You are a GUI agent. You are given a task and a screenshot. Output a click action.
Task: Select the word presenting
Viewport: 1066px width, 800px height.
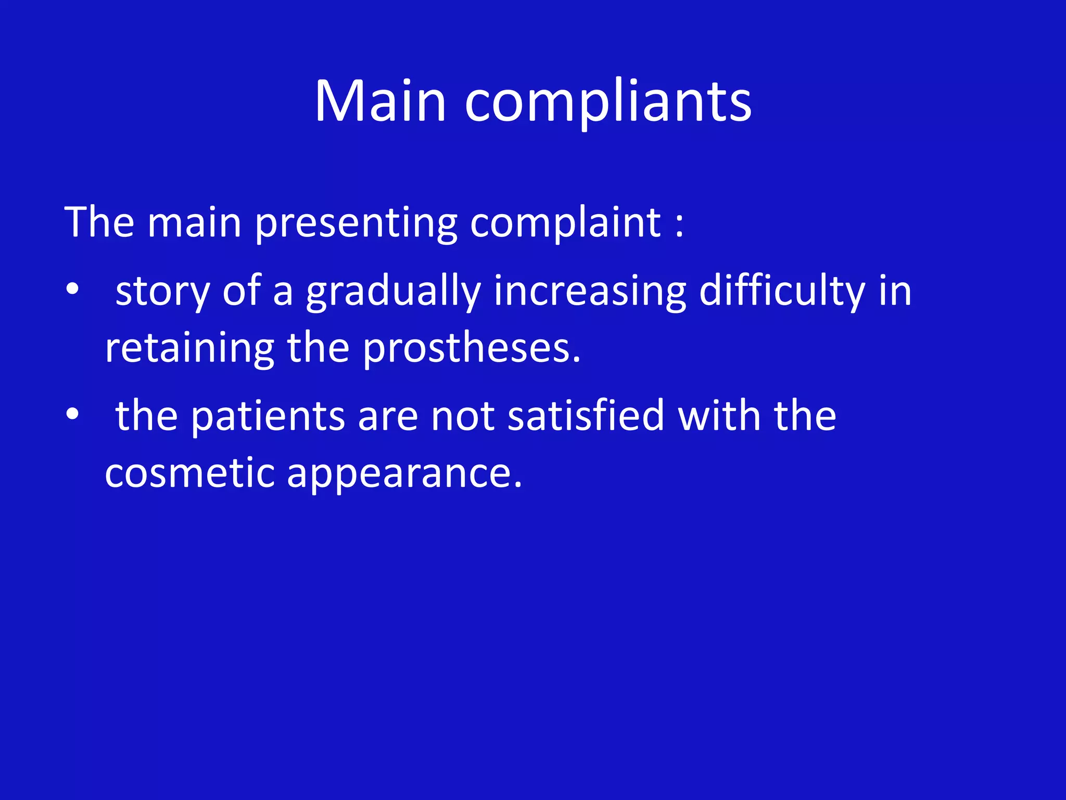(x=356, y=223)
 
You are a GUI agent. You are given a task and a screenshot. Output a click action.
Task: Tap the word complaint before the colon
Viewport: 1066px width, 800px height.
(x=565, y=223)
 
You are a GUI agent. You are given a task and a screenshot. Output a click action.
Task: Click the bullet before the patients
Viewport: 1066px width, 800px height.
(x=72, y=414)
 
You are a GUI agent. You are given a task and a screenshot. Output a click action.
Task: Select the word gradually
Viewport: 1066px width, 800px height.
(x=393, y=291)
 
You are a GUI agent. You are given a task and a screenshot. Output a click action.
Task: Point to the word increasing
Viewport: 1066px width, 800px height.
(x=590, y=291)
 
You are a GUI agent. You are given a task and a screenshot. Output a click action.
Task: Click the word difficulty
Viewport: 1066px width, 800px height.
(x=782, y=291)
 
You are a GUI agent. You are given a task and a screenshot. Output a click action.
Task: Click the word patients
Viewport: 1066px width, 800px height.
(x=268, y=416)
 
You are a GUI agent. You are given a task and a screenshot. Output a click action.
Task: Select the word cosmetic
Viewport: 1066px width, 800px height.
(x=189, y=473)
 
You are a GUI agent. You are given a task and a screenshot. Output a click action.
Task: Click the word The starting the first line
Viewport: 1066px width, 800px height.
(x=99, y=223)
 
